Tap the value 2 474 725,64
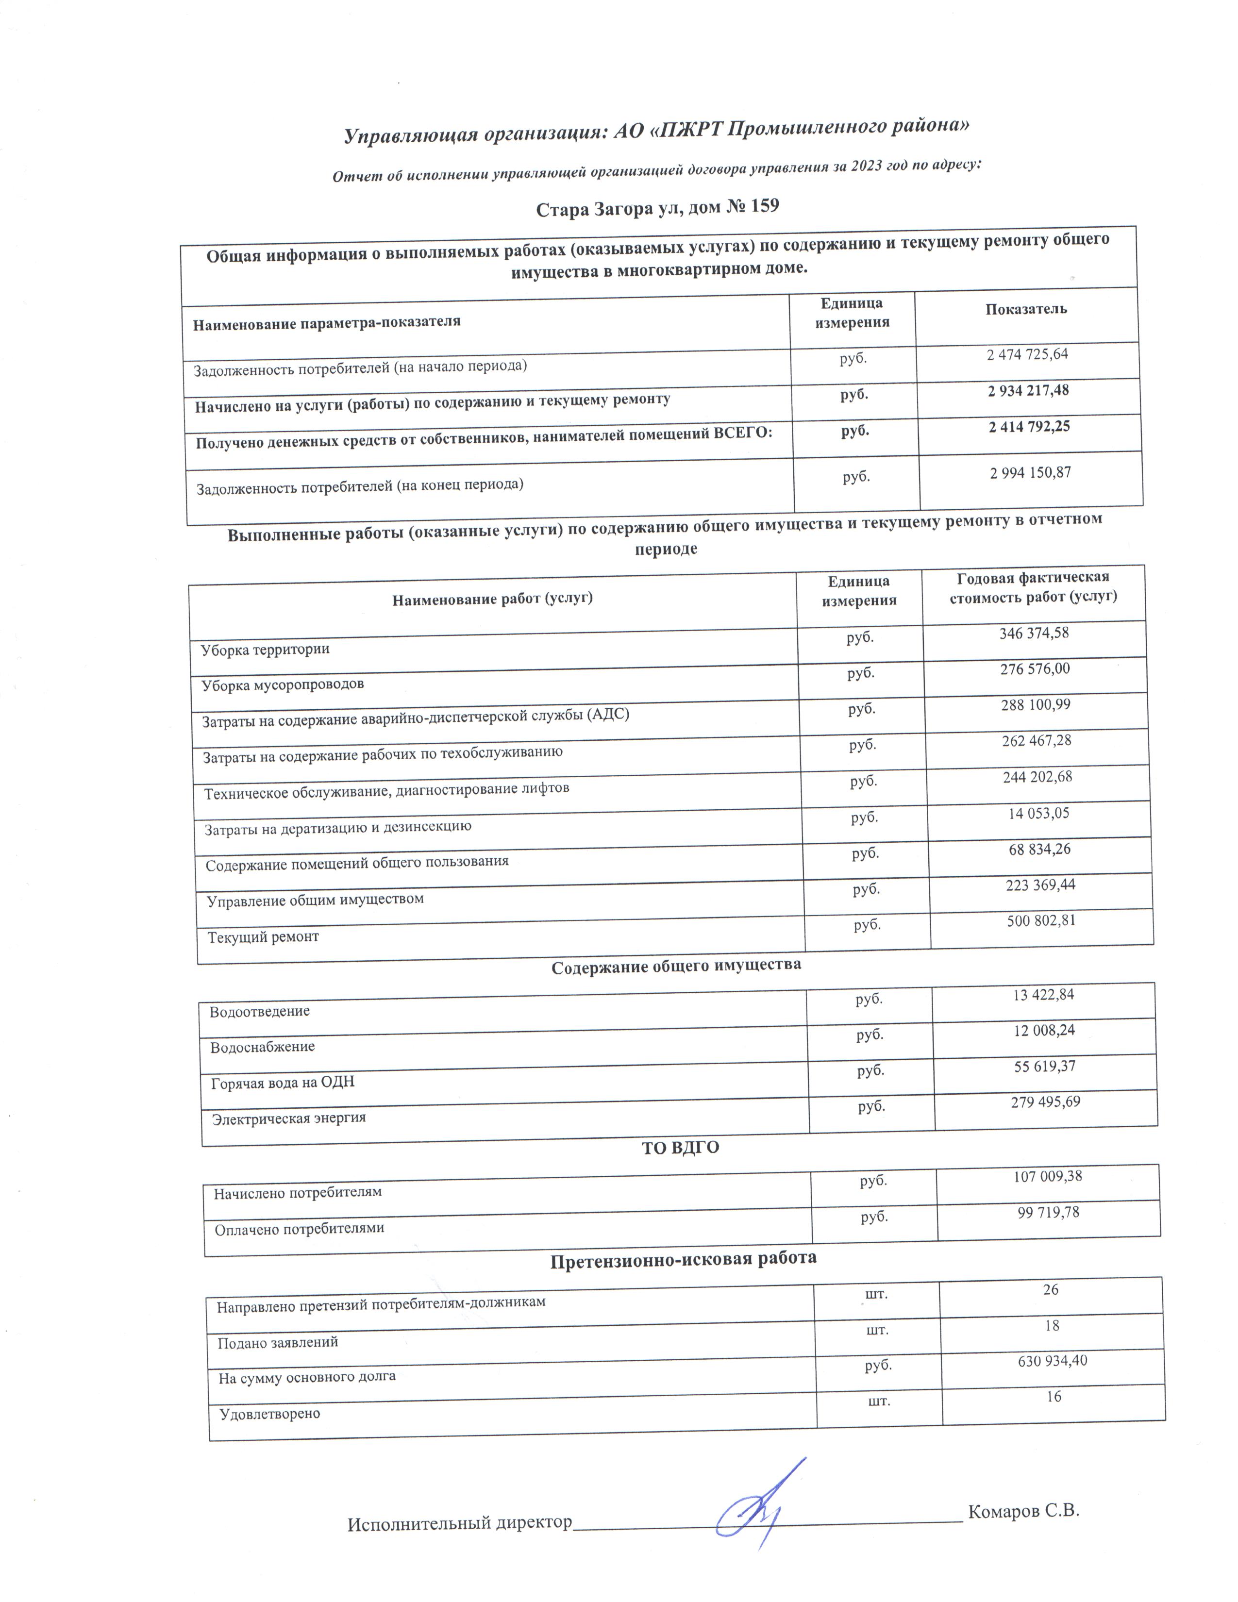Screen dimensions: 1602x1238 click(1027, 354)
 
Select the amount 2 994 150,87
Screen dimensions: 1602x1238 click(1030, 473)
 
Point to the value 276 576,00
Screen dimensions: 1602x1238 click(1035, 669)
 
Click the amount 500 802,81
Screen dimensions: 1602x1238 click(1041, 920)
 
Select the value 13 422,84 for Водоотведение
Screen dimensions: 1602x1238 click(1044, 995)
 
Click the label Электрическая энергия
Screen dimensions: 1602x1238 click(288, 1118)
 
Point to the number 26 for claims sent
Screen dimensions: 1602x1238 click(1050, 1289)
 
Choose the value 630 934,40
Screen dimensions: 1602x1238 click(1053, 1361)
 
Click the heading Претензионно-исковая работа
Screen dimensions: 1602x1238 click(683, 1259)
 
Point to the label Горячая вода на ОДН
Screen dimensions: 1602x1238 click(283, 1083)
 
